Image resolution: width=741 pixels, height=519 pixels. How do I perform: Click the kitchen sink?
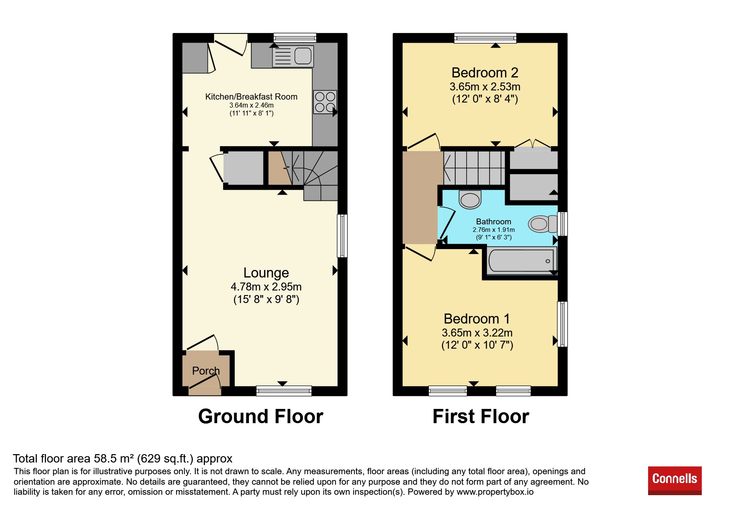point(293,57)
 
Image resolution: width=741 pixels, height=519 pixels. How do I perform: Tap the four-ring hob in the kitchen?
point(325,102)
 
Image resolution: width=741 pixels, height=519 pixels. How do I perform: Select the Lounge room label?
point(266,273)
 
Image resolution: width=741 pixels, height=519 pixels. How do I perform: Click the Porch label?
point(206,371)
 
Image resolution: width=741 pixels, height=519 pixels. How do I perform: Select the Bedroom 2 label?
point(485,73)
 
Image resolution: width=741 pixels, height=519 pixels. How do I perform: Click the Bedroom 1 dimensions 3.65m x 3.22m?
point(477,333)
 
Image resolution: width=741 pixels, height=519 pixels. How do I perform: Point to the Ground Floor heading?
point(261,416)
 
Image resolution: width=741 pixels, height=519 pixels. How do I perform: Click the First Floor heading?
point(481,416)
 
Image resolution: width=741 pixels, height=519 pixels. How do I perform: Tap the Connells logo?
point(674,480)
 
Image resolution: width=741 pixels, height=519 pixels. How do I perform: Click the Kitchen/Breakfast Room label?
point(251,97)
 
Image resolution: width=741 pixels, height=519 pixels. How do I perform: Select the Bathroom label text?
point(494,221)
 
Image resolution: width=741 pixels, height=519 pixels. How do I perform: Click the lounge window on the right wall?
point(342,236)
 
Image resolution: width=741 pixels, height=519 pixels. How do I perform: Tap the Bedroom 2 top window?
point(485,38)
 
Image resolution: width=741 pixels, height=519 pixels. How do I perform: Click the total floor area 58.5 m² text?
point(123,459)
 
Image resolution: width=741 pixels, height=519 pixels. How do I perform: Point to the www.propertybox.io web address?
point(495,492)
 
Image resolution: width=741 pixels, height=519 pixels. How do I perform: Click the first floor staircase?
point(474,168)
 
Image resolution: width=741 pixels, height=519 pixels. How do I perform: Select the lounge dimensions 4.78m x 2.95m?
point(266,287)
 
